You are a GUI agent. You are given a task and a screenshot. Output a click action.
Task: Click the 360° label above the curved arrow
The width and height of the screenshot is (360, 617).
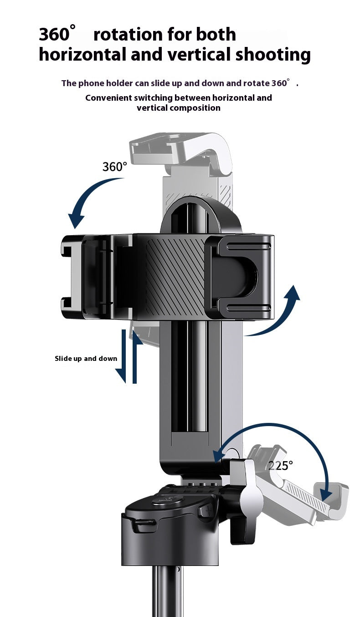[x=114, y=167]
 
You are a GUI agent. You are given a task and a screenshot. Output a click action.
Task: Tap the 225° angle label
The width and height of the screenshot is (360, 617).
[x=280, y=466]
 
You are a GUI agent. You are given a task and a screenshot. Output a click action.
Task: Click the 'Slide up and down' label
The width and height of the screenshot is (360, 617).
[x=86, y=358]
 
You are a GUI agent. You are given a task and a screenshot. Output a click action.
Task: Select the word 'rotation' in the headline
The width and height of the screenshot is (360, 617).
[x=129, y=35]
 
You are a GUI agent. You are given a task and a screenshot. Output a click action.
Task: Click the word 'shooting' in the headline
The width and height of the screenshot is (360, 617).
[x=273, y=55]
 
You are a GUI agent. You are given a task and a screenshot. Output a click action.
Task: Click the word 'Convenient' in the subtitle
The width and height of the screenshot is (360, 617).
[x=108, y=98]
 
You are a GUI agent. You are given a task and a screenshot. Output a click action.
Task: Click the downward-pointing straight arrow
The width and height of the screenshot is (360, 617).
[x=122, y=357]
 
